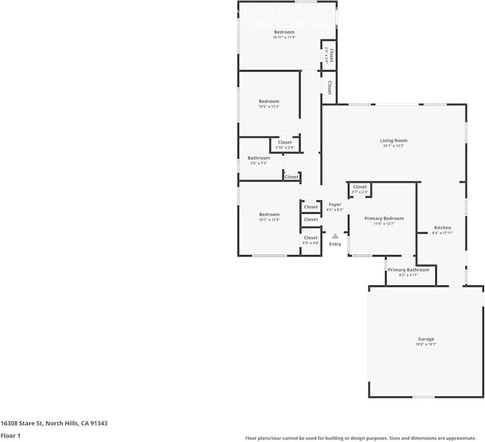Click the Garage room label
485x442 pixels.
[426, 339]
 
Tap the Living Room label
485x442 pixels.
[394, 141]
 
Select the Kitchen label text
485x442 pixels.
[442, 228]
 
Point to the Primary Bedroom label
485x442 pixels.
[384, 218]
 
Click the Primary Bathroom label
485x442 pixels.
[408, 270]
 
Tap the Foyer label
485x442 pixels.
[335, 204]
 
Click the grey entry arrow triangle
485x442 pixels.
[335, 236]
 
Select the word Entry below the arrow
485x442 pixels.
[335, 244]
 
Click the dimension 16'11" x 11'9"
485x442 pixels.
[284, 37]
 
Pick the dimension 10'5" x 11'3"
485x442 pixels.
[269, 106]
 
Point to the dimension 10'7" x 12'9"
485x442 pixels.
[269, 220]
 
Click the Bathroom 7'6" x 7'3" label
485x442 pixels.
[259, 160]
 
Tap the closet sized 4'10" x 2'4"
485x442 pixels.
[285, 145]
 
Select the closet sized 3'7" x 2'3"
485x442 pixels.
[360, 189]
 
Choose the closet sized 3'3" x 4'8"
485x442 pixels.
[311, 240]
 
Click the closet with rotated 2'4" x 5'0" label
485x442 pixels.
[329, 54]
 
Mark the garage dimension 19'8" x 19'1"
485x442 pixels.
[426, 344]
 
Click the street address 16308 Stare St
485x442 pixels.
[54, 424]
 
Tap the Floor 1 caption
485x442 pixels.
[10, 436]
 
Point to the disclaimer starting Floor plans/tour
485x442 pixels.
[360, 438]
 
